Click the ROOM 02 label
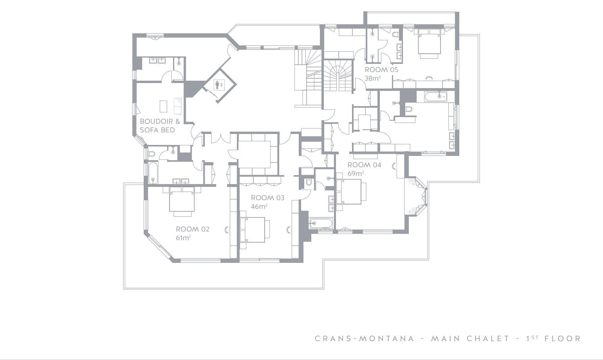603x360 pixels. [x=193, y=229]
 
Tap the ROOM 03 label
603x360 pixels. [x=267, y=198]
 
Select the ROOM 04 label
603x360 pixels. [x=365, y=165]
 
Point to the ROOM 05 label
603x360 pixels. [x=381, y=70]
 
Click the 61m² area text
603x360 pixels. [x=184, y=238]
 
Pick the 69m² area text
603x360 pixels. [x=356, y=174]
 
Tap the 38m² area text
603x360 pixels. [x=373, y=78]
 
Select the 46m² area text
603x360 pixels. [x=259, y=206]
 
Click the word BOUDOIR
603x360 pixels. [x=156, y=121]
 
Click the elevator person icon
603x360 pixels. [x=217, y=85]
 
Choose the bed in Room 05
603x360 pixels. [x=430, y=43]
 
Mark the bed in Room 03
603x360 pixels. [x=255, y=230]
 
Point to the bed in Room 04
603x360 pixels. [x=351, y=192]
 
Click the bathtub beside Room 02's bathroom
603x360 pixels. [x=153, y=173]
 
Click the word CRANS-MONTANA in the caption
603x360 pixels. [x=365, y=338]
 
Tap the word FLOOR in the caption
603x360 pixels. [x=563, y=338]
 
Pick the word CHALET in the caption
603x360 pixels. [x=488, y=338]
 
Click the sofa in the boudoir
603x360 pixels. [x=178, y=106]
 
